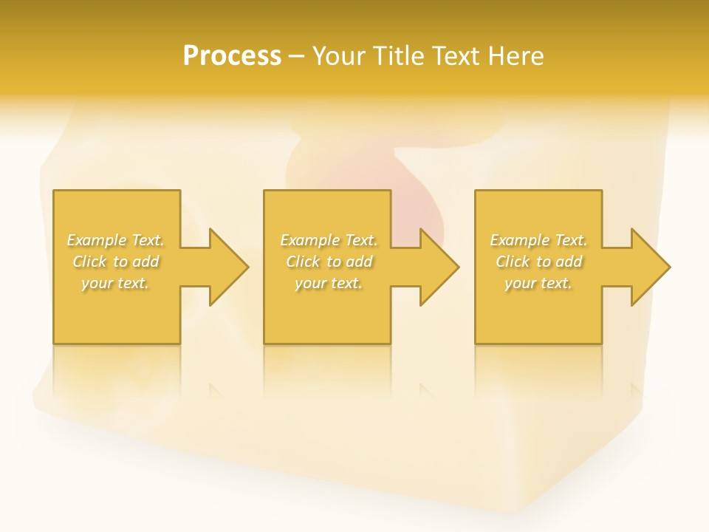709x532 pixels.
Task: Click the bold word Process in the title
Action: coord(232,56)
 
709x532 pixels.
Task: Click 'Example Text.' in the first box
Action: coord(116,240)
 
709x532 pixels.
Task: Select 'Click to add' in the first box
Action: coord(116,262)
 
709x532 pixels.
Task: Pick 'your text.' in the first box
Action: coord(116,283)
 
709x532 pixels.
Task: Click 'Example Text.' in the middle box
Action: coord(329,240)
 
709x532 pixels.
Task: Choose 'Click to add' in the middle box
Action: coord(329,262)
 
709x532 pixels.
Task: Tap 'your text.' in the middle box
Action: coord(329,283)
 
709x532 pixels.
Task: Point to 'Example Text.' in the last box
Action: coord(538,240)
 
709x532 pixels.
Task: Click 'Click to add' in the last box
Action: coord(538,262)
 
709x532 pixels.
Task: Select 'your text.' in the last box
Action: coord(538,283)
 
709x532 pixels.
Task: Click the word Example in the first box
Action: coord(97,240)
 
